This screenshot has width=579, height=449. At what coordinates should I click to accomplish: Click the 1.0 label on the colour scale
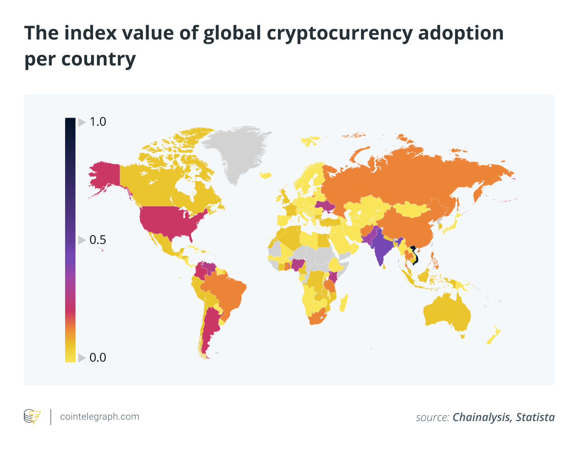(97, 122)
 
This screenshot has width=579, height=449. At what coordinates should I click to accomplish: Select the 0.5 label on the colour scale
(97, 240)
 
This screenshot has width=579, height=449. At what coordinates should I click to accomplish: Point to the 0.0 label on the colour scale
(97, 358)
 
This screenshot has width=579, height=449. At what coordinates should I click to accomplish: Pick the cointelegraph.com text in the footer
(99, 417)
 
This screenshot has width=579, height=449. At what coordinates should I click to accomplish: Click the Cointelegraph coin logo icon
(32, 417)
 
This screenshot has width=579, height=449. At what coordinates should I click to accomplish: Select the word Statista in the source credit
(535, 417)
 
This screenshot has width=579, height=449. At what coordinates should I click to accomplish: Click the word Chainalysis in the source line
(482, 417)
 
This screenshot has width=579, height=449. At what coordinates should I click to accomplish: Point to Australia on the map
(447, 315)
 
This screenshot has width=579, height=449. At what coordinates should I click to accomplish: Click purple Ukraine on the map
(324, 206)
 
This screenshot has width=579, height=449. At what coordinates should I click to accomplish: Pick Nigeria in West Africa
(298, 264)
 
